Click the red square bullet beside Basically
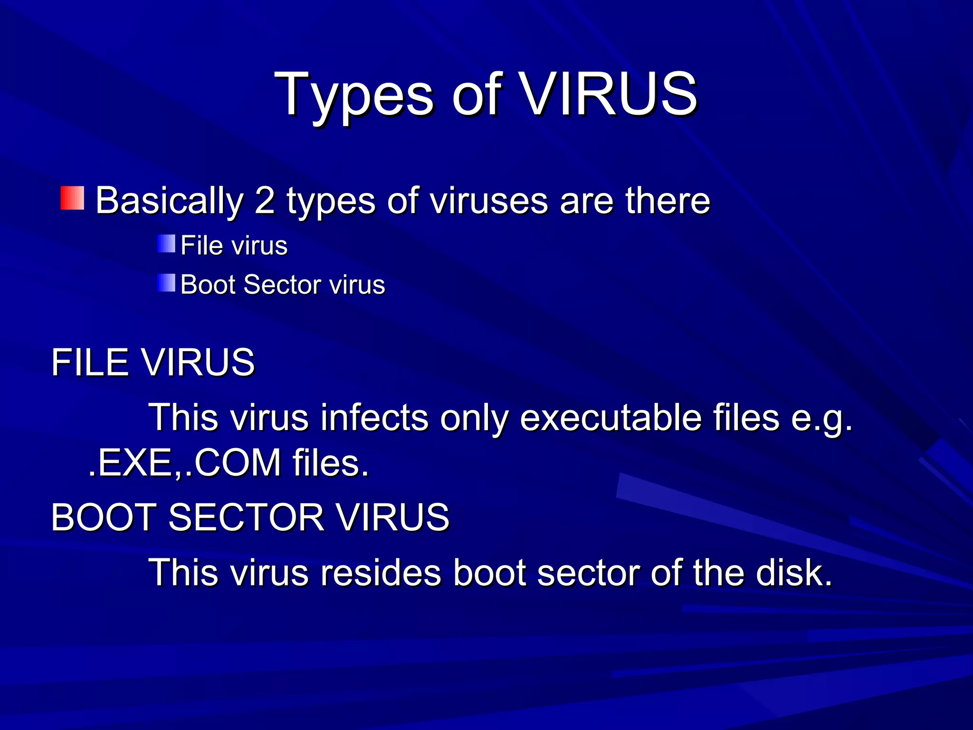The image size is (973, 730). click(x=72, y=198)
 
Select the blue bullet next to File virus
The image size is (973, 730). click(x=166, y=244)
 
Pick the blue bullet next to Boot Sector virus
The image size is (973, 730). click(x=166, y=283)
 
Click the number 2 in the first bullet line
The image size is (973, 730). click(x=265, y=201)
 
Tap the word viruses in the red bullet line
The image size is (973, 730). click(x=490, y=201)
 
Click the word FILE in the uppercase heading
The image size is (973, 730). click(x=90, y=363)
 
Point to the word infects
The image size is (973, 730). click(x=374, y=418)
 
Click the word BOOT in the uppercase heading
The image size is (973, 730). click(x=104, y=517)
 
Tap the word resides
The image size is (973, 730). click(x=381, y=573)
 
